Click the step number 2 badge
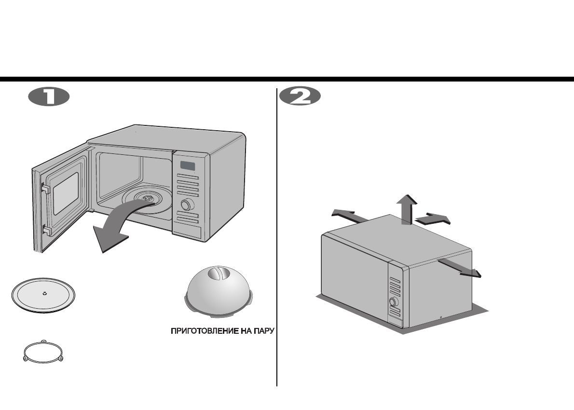coord(300,97)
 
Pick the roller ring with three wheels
coord(43,352)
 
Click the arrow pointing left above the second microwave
coord(348,215)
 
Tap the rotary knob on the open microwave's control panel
coord(185,205)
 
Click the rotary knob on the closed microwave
coord(394,302)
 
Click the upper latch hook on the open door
coord(45,188)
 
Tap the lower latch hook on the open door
coord(46,229)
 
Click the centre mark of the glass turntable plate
coord(44,293)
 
